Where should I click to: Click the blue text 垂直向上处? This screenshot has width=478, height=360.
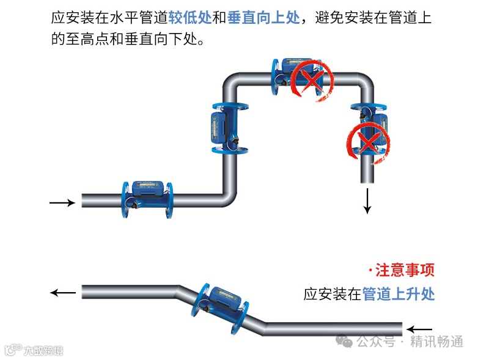tap(263, 17)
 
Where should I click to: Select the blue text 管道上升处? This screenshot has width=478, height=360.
tap(399, 294)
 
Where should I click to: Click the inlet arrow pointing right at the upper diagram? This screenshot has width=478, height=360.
tap(61, 201)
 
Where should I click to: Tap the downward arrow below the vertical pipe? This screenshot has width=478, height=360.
tap(367, 200)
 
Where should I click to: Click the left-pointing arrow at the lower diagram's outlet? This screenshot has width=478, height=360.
tap(62, 293)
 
